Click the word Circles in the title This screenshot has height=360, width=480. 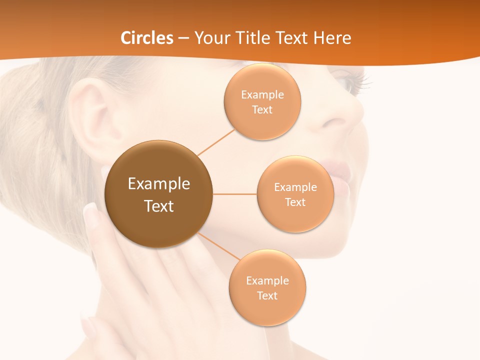(x=147, y=38)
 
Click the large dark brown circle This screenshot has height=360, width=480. (x=158, y=194)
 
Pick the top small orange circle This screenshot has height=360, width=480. (x=262, y=101)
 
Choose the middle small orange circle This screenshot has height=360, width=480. (x=295, y=194)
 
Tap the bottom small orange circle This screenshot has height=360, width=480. (x=267, y=288)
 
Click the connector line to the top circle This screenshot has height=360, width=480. (x=216, y=141)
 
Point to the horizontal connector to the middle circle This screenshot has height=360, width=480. (x=234, y=194)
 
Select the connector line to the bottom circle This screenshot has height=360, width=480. (x=218, y=248)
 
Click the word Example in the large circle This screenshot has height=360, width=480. (x=158, y=183)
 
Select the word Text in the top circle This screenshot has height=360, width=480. (x=262, y=109)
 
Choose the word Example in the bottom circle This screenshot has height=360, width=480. (x=267, y=280)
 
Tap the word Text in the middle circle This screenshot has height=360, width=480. (x=295, y=202)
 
